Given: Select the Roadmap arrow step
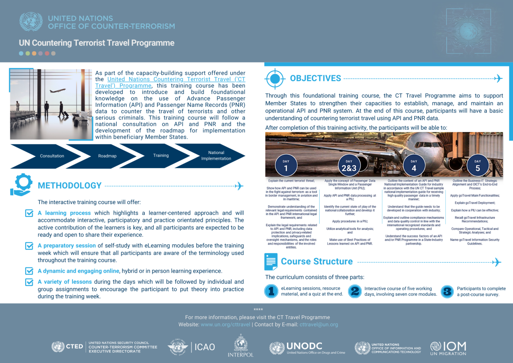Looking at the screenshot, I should (107, 156).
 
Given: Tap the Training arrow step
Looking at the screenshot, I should (161, 155).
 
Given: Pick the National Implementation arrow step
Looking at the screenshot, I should (216, 155).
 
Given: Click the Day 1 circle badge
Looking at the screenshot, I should (286, 166).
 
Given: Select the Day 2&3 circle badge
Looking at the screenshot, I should (349, 166).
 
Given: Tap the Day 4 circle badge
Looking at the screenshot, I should (413, 166).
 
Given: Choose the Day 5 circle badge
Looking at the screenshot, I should (478, 166).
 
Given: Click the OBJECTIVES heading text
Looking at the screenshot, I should (315, 78).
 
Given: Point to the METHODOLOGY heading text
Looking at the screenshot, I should (70, 185).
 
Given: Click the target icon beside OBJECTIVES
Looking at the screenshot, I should (274, 79).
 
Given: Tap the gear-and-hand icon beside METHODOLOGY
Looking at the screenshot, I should (21, 185).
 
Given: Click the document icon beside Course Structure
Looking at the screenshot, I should (271, 262).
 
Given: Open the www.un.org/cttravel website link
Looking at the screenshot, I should (226, 324).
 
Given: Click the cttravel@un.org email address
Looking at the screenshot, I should (318, 324).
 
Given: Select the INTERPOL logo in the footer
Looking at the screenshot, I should (241, 346).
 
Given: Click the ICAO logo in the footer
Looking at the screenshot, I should (191, 347).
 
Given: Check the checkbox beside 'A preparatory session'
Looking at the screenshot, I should (29, 246).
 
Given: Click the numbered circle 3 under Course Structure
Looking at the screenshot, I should (448, 291).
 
